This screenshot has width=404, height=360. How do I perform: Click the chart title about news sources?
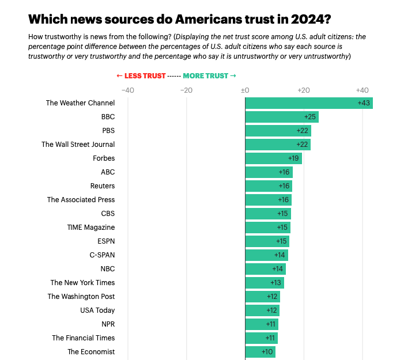[179, 19]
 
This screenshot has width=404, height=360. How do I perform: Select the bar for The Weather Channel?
[308, 103]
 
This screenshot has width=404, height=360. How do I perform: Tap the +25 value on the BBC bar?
[310, 117]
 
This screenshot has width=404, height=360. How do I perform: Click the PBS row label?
[108, 131]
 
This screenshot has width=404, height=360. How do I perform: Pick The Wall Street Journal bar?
[278, 145]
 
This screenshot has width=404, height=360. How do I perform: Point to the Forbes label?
[104, 158]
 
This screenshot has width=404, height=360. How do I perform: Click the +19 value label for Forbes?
[293, 158]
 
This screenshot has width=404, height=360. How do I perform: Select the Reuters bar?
[269, 186]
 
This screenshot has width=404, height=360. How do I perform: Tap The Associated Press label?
[81, 200]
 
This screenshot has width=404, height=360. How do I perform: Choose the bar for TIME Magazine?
[267, 228]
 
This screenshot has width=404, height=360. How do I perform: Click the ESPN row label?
[106, 241]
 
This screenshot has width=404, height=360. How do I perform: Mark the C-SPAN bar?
[266, 255]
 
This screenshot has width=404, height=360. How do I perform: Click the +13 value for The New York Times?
[276, 283]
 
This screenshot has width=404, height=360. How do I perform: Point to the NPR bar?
[262, 324]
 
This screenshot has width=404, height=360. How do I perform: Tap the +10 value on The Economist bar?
[267, 352]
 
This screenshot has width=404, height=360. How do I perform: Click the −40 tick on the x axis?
[127, 90]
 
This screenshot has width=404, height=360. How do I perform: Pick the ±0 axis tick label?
[244, 90]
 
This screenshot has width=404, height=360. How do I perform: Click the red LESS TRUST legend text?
[141, 75]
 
